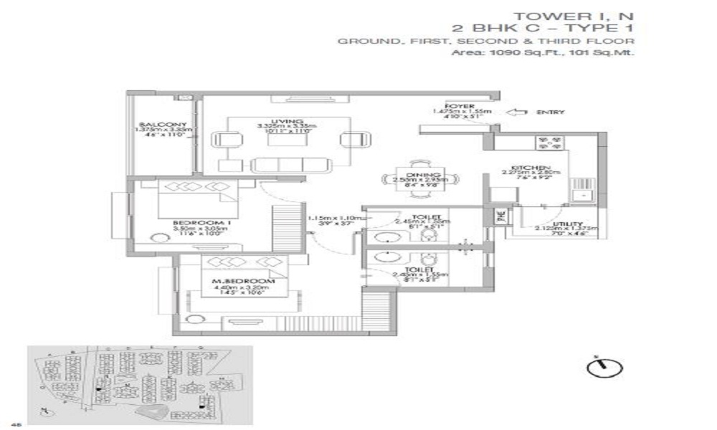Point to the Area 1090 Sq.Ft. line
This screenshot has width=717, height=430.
click(543, 52)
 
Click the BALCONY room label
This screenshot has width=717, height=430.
click(163, 124)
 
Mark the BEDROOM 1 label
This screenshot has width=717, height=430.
click(193, 222)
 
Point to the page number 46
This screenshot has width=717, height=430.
click(7, 424)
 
